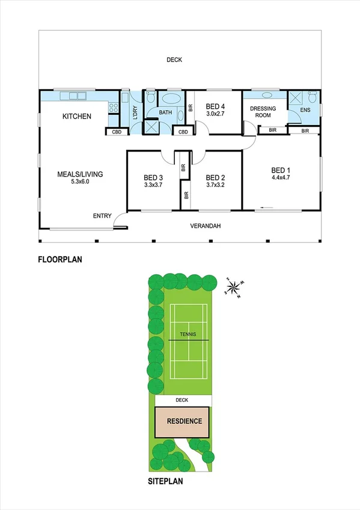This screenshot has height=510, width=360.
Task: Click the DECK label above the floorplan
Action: [x=174, y=60]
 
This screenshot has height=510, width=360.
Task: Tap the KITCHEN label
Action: [x=77, y=116]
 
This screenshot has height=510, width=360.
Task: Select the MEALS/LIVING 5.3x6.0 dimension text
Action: [x=80, y=182]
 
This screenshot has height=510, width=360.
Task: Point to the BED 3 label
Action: [x=153, y=177]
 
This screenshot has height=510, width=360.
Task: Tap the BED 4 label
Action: [x=215, y=104]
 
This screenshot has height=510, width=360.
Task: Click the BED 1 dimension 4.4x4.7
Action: [x=281, y=178]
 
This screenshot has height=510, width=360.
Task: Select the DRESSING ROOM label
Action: [x=263, y=111]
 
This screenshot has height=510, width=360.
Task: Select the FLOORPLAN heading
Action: [x=59, y=260]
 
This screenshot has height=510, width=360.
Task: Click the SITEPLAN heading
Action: [x=165, y=481]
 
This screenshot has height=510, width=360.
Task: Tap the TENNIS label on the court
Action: [x=188, y=334]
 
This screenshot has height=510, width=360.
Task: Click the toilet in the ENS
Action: [x=312, y=97]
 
